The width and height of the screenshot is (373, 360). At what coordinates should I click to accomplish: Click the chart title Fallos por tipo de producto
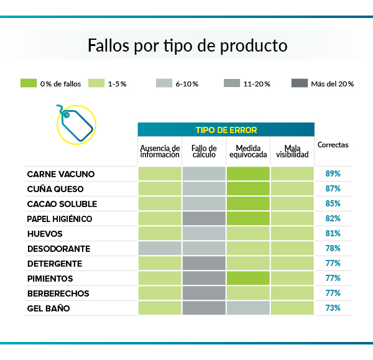pyautogui.click(x=186, y=45)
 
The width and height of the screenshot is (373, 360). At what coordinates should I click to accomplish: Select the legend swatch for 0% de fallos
pyautogui.click(x=29, y=83)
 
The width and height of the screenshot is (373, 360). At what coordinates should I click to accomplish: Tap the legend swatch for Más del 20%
pyautogui.click(x=300, y=83)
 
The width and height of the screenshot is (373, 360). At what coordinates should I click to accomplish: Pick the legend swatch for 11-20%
pyautogui.click(x=231, y=83)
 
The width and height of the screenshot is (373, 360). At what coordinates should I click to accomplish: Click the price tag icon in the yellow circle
pyautogui.click(x=75, y=124)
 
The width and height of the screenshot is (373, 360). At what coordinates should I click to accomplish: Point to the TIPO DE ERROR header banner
pyautogui.click(x=226, y=130)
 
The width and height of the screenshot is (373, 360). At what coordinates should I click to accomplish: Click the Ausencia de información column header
pyautogui.click(x=160, y=150)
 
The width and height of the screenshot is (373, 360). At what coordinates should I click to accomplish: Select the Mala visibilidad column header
pyautogui.click(x=292, y=150)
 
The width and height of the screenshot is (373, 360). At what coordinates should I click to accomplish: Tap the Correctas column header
pyautogui.click(x=333, y=145)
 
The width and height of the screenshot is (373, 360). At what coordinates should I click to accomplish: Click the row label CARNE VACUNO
pyautogui.click(x=61, y=174)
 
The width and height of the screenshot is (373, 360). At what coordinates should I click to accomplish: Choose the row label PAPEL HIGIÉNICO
pyautogui.click(x=59, y=219)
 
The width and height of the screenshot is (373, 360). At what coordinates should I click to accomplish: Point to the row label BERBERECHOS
pyautogui.click(x=58, y=293)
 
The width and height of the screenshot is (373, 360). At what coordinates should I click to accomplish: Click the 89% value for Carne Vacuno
pyautogui.click(x=333, y=174)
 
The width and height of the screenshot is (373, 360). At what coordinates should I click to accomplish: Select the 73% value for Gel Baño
pyautogui.click(x=333, y=308)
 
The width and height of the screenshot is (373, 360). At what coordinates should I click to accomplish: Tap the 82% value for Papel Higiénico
pyautogui.click(x=333, y=219)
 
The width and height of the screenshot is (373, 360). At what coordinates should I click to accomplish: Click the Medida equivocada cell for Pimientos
pyautogui.click(x=248, y=279)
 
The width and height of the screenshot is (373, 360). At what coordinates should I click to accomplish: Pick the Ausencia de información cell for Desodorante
pyautogui.click(x=160, y=249)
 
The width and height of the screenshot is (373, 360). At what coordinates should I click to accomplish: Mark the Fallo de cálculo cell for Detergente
pyautogui.click(x=204, y=264)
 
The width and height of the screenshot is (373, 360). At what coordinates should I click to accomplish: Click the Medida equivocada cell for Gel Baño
pyautogui.click(x=248, y=308)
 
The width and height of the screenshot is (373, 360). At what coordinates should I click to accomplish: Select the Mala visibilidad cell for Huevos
pyautogui.click(x=292, y=234)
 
